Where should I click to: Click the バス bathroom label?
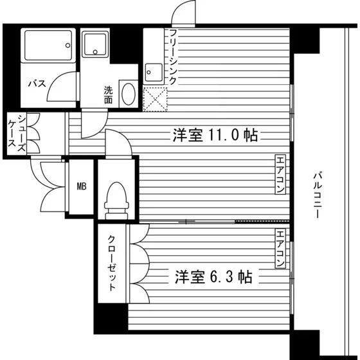click(x=37, y=84)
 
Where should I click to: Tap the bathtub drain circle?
click(x=67, y=45)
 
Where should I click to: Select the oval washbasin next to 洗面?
click(x=129, y=94)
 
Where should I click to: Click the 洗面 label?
click(x=109, y=95)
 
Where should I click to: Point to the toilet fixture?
click(x=116, y=201)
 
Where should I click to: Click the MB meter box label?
click(x=82, y=186)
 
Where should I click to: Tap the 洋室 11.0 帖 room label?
click(x=215, y=135)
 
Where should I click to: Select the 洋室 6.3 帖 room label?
click(x=213, y=277)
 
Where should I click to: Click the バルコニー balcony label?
click(x=317, y=195)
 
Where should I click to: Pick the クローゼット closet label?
click(x=112, y=263)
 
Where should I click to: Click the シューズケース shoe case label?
click(x=17, y=134)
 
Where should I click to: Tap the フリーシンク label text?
click(x=173, y=57)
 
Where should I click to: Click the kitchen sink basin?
click(x=154, y=72)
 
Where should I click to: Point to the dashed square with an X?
click(x=155, y=100)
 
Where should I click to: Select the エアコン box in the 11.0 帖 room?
click(x=280, y=174)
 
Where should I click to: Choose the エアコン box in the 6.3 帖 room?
click(x=280, y=248)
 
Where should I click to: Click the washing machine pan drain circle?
click(x=95, y=52)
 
